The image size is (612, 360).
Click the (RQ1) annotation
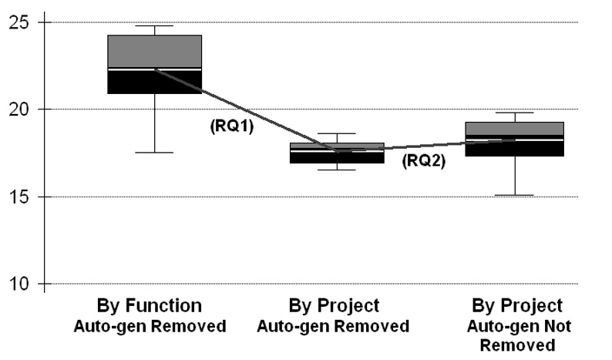[x=232, y=127]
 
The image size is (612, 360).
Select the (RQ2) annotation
[x=423, y=161]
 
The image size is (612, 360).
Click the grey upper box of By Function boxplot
[x=154, y=51]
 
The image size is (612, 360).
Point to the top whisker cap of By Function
[x=154, y=26]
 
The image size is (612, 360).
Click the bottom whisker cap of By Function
[x=154, y=153]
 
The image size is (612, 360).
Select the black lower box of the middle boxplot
[x=336, y=158]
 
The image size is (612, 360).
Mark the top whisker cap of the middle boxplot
[x=336, y=133]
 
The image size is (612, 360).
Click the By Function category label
[x=150, y=305]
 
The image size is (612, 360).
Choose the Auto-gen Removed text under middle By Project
[x=332, y=327]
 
